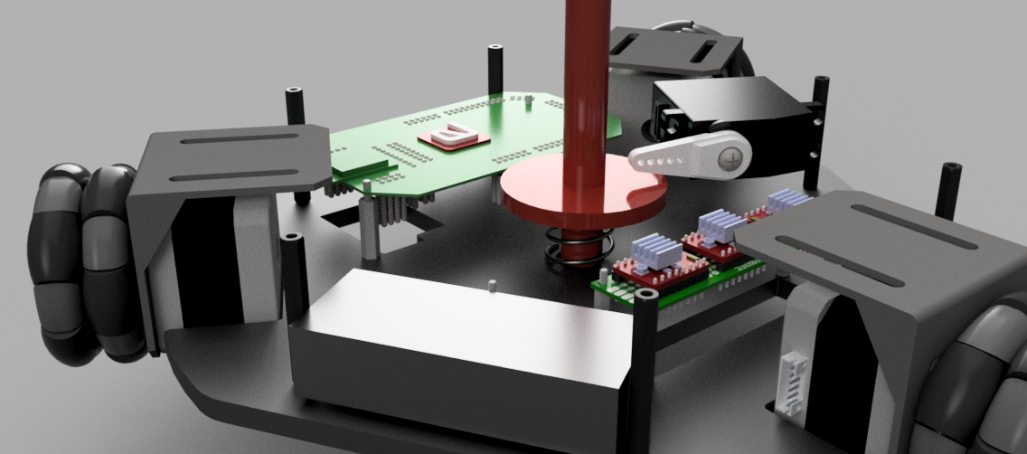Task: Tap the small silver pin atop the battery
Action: (491, 287)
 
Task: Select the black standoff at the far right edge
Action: (950, 191)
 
